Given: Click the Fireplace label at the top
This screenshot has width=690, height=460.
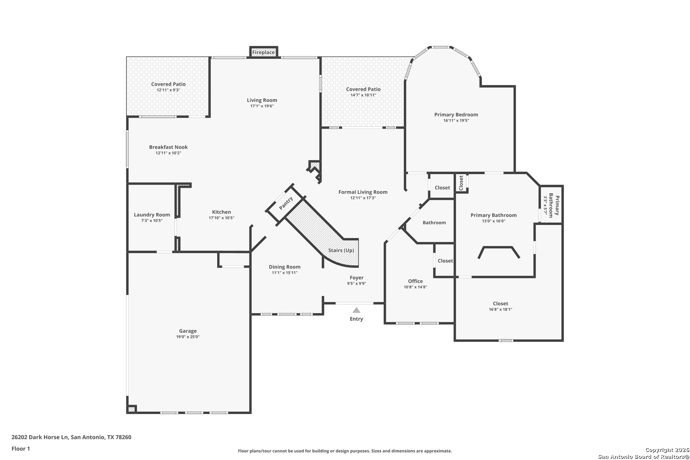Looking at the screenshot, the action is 263,52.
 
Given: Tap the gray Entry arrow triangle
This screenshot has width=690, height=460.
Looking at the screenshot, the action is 356,310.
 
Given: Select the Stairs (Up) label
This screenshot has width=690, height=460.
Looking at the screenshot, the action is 341,250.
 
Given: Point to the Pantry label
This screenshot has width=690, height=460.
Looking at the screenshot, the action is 286,203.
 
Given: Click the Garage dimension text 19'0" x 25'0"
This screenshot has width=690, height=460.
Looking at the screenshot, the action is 188,337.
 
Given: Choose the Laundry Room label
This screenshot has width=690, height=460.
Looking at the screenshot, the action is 152,215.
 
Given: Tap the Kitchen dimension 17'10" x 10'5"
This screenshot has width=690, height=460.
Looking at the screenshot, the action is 221,218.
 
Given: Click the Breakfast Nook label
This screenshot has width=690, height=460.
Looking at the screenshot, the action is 169,147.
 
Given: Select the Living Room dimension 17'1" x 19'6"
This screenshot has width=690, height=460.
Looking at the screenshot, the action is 262,106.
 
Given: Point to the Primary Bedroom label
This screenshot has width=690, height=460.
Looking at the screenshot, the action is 456,115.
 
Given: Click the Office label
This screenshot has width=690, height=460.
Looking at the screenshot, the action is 415,281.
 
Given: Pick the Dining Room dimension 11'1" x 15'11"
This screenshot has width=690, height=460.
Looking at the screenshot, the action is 285,273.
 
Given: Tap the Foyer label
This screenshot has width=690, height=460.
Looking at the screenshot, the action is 356,278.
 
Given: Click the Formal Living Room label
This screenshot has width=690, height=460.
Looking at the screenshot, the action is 363,192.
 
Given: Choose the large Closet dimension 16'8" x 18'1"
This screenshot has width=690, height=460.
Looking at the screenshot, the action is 500,309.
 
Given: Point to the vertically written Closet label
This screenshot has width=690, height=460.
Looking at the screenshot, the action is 461,183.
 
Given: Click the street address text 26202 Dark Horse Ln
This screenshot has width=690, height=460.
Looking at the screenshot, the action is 40,437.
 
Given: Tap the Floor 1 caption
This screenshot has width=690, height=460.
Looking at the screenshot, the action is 20,448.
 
